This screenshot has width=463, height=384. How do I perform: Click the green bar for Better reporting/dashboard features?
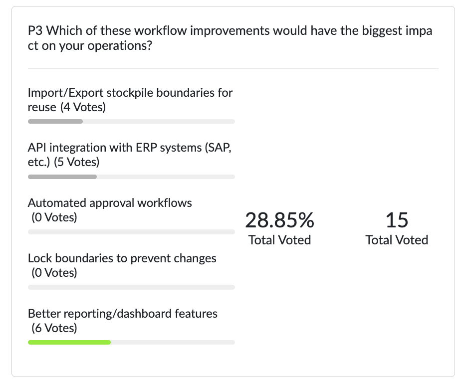69,342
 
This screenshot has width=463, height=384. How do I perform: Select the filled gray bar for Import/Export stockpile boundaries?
55,121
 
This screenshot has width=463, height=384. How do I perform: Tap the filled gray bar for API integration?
62,177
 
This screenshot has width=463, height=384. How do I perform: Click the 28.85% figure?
279,220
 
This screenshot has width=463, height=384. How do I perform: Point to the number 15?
397,220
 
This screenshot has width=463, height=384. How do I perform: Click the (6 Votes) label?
54,328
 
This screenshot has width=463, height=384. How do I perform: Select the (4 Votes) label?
83,107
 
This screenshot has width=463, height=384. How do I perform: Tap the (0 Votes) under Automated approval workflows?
54,217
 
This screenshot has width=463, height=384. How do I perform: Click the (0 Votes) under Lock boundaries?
54,273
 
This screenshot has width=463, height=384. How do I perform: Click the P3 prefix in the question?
35,31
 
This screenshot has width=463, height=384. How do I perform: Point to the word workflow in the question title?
127,31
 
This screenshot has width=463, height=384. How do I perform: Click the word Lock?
38,258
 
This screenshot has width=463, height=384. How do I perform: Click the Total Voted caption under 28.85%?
279,240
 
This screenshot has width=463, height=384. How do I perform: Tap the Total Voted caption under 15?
397,240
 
